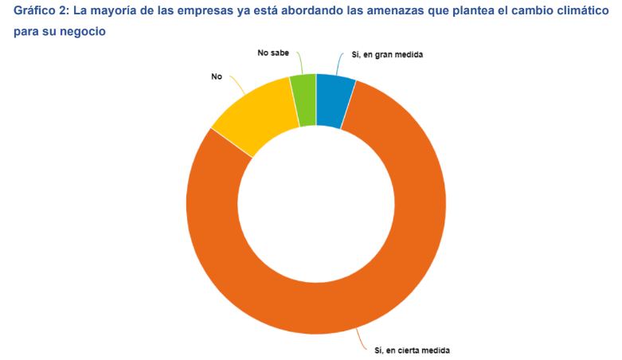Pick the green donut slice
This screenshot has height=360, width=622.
pos(303,100)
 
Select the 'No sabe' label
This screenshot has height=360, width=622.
pos(273,53)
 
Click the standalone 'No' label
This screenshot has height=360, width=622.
pos(217,76)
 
